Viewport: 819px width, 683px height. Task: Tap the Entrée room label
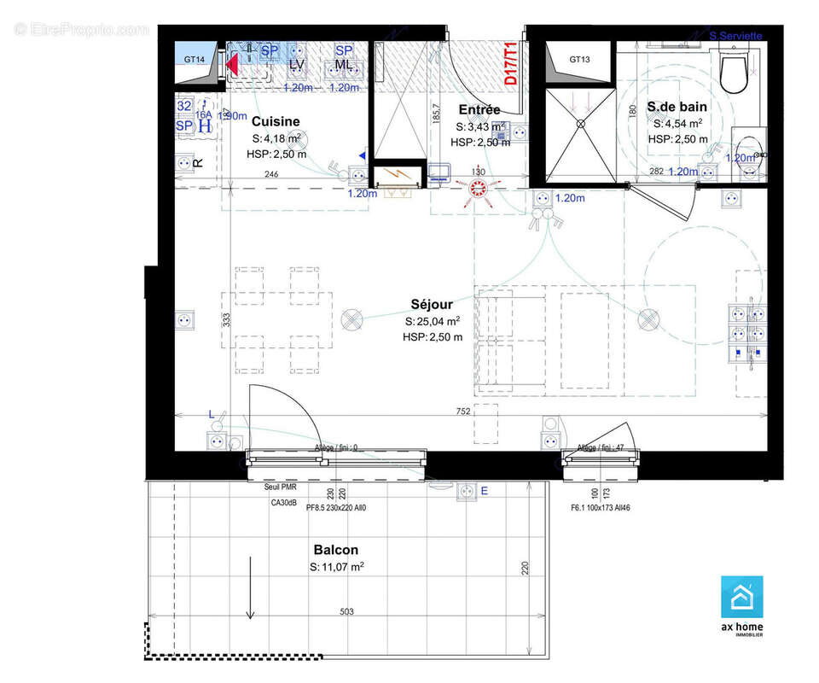[479, 110]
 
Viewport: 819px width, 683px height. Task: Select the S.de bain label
[677, 107]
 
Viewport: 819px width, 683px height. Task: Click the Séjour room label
[432, 304]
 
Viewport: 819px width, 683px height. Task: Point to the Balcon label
[335, 550]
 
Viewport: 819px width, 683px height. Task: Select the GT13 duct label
[580, 60]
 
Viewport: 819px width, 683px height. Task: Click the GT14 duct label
[195, 60]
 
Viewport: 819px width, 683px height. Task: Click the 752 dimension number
[462, 412]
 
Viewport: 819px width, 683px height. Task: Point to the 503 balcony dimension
[345, 611]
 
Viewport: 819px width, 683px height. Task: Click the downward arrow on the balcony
[250, 589]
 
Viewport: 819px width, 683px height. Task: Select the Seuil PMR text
[274, 487]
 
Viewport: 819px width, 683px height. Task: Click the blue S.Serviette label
[735, 36]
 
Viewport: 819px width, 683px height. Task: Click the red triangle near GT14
[232, 64]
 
